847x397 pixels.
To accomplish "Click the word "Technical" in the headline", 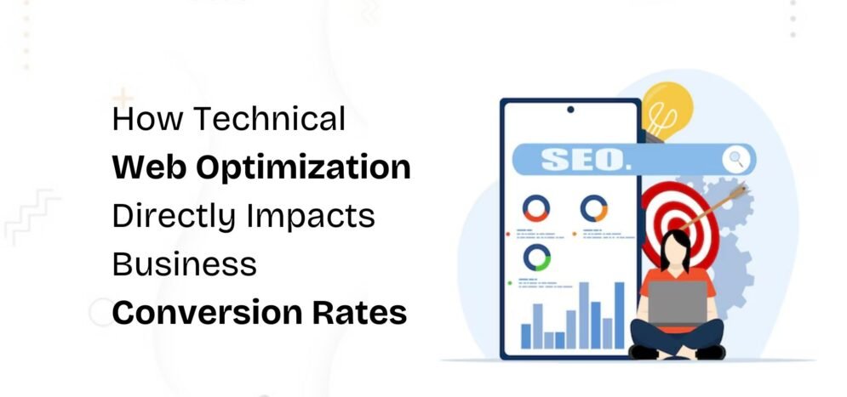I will click(270, 119).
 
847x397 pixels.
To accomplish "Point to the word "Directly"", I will click(173, 216).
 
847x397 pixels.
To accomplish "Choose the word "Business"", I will click(184, 264).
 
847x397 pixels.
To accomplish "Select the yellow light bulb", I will click(666, 108).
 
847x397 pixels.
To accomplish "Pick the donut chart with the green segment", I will click(536, 256).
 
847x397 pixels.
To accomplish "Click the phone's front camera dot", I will click(569, 109).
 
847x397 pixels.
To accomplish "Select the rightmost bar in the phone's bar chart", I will click(619, 315).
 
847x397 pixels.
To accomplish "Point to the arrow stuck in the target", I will click(719, 204).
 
